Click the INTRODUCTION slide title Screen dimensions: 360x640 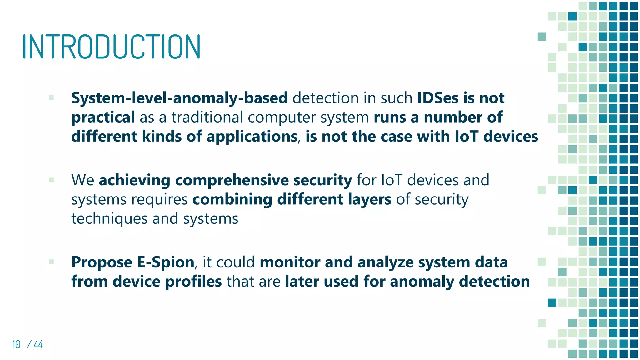coord(111,47)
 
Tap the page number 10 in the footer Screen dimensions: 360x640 coord(17,344)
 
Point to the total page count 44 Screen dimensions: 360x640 coord(38,344)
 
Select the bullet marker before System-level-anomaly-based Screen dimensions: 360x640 coord(52,97)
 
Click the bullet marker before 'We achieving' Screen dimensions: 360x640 coord(52,180)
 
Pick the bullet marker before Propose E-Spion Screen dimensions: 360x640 coord(52,262)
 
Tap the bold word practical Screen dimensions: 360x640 coord(103,117)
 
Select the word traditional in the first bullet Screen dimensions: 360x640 coord(207,117)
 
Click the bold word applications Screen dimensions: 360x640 coord(252,137)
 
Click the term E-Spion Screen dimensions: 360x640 coord(166,262)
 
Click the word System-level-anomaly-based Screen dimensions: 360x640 coord(179,98)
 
